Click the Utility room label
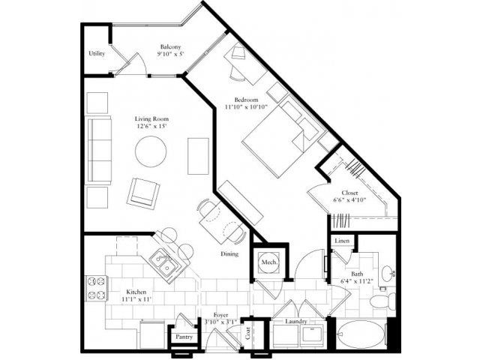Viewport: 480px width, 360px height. pyautogui.click(x=97, y=53)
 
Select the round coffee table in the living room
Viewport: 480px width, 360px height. pyautogui.click(x=151, y=151)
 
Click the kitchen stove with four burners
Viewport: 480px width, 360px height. pyautogui.click(x=96, y=288)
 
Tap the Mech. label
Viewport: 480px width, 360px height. pyautogui.click(x=269, y=262)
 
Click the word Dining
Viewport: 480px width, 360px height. pyautogui.click(x=229, y=253)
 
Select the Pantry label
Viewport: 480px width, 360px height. pyautogui.click(x=184, y=337)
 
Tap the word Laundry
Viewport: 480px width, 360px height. pyautogui.click(x=296, y=322)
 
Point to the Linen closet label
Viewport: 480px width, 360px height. pyautogui.click(x=342, y=241)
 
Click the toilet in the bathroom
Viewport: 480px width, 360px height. pyautogui.click(x=382, y=301)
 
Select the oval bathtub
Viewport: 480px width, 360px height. pyautogui.click(x=361, y=335)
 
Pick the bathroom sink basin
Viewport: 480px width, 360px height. pyautogui.click(x=388, y=271)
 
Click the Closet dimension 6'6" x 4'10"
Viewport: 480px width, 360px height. pyautogui.click(x=349, y=200)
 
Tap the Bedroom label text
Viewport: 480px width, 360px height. pyautogui.click(x=246, y=100)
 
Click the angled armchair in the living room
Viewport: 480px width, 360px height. pyautogui.click(x=143, y=193)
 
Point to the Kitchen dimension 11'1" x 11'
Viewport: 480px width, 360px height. pyautogui.click(x=136, y=299)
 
